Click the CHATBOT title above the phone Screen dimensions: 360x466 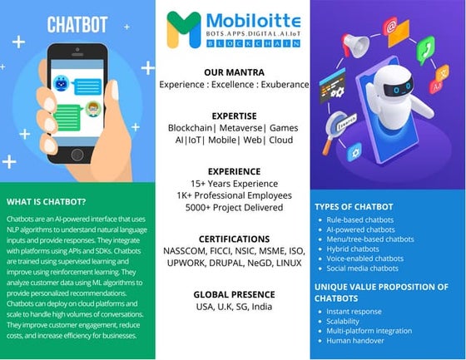point(77,25)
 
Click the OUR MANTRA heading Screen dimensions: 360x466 point(234,72)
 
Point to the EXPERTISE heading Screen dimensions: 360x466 point(234,116)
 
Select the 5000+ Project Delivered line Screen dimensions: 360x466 point(234,209)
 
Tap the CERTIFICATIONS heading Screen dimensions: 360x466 point(234,239)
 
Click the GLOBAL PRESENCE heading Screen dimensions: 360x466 point(234,294)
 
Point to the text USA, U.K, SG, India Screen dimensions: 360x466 point(234,308)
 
